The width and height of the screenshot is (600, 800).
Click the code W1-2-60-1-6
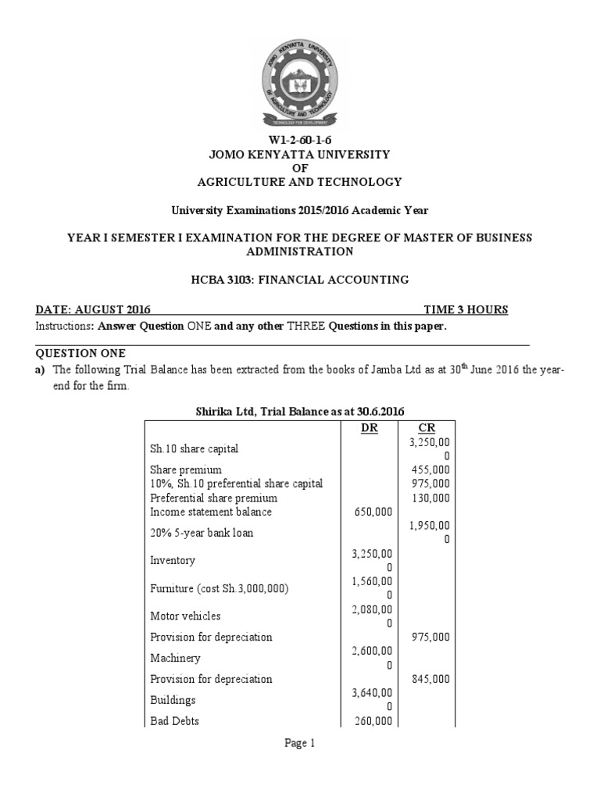point(301,140)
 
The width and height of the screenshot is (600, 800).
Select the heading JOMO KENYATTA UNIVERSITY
point(301,154)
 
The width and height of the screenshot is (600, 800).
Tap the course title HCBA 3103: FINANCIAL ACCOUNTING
point(301,280)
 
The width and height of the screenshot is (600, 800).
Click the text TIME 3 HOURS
point(466,309)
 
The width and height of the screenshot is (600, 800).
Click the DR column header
point(369,429)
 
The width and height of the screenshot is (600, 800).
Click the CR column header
point(427,429)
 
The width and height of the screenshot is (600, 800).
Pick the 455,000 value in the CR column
point(430,470)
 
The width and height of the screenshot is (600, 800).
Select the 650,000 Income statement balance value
point(373,511)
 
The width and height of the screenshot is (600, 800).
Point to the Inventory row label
point(173,560)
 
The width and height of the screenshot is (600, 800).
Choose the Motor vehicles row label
point(185,616)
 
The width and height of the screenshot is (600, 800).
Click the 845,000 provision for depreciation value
point(430,679)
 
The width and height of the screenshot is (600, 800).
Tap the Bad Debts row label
point(174,721)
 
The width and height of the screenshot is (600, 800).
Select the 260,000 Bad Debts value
point(373,721)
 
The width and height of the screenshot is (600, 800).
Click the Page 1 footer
point(300,744)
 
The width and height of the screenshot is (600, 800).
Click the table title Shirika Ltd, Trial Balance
point(299,411)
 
